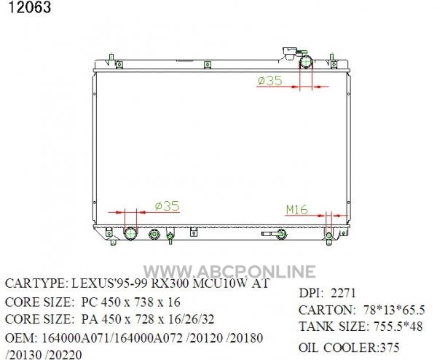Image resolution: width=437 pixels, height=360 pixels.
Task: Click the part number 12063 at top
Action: click(x=30, y=7)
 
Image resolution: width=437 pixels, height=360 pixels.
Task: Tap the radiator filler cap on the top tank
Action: click(x=289, y=52)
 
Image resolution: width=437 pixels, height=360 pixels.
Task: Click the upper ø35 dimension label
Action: click(x=269, y=81)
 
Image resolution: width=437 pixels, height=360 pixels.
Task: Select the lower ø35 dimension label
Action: click(x=168, y=206)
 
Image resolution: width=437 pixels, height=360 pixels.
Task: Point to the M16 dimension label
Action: click(x=297, y=209)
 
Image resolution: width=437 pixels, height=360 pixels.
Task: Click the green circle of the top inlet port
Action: click(x=306, y=62)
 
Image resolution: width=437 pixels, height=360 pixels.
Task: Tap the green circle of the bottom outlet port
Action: click(x=130, y=233)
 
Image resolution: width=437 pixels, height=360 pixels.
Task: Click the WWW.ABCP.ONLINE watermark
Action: click(x=229, y=272)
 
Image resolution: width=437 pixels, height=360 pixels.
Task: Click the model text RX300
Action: click(x=170, y=283)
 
